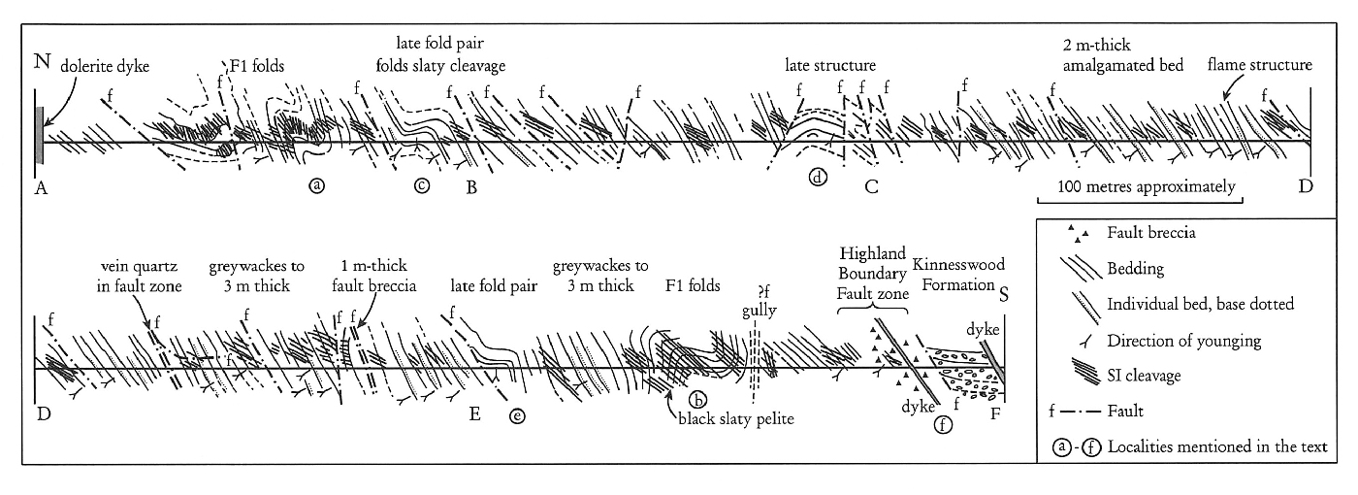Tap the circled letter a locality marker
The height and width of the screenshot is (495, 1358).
coord(316,184)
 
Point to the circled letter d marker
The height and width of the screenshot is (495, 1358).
coord(817,179)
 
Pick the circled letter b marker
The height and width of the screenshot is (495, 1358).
coord(695,398)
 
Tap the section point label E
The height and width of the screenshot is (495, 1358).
coord(474,415)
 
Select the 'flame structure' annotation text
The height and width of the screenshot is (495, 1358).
coord(1259,65)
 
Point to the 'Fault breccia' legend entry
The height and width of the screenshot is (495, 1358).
coord(1148,234)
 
